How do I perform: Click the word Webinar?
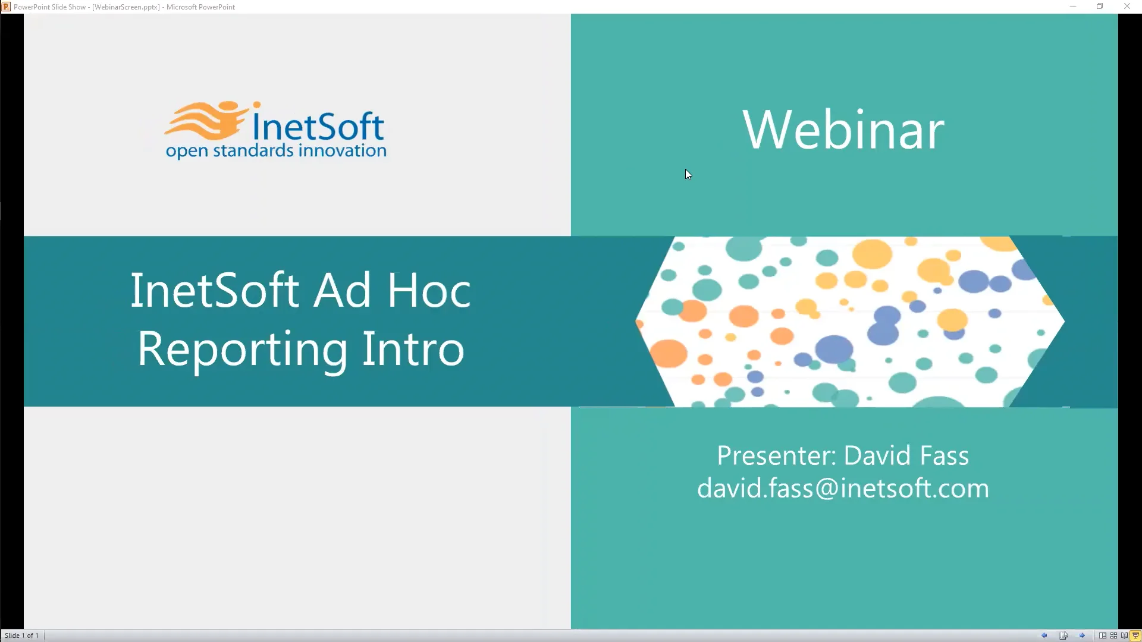point(843,130)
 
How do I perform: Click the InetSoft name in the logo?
point(318,125)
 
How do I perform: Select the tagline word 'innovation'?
point(342,150)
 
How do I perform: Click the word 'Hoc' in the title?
point(429,291)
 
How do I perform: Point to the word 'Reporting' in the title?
point(242,350)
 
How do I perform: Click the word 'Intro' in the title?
point(413,349)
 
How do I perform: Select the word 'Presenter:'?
point(776,456)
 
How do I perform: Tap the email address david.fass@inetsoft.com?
point(843,489)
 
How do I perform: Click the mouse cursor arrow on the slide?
point(688,174)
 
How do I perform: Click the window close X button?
point(1127,7)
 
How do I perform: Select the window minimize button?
point(1073,7)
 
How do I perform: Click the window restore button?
point(1100,7)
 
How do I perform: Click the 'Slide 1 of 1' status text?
point(22,635)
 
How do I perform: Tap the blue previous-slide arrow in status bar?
point(1044,635)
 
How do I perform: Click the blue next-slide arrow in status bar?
point(1083,635)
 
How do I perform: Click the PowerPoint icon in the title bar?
point(6,7)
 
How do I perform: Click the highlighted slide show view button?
point(1135,635)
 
